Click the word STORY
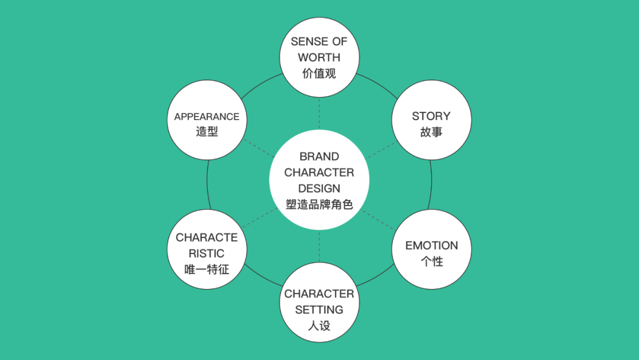point(431,116)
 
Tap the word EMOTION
point(431,245)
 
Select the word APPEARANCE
point(206,117)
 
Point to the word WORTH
point(319,57)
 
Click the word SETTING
point(319,310)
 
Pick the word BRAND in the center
point(319,157)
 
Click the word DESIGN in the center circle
point(319,189)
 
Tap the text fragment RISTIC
point(206,253)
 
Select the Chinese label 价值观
point(319,74)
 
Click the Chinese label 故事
point(431,132)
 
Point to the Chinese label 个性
point(431,261)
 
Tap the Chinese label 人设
point(319,326)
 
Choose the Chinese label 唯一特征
point(206,269)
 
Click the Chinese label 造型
point(206,132)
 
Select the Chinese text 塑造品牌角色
point(319,205)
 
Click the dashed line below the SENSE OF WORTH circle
point(319,114)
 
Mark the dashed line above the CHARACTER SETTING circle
point(319,246)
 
